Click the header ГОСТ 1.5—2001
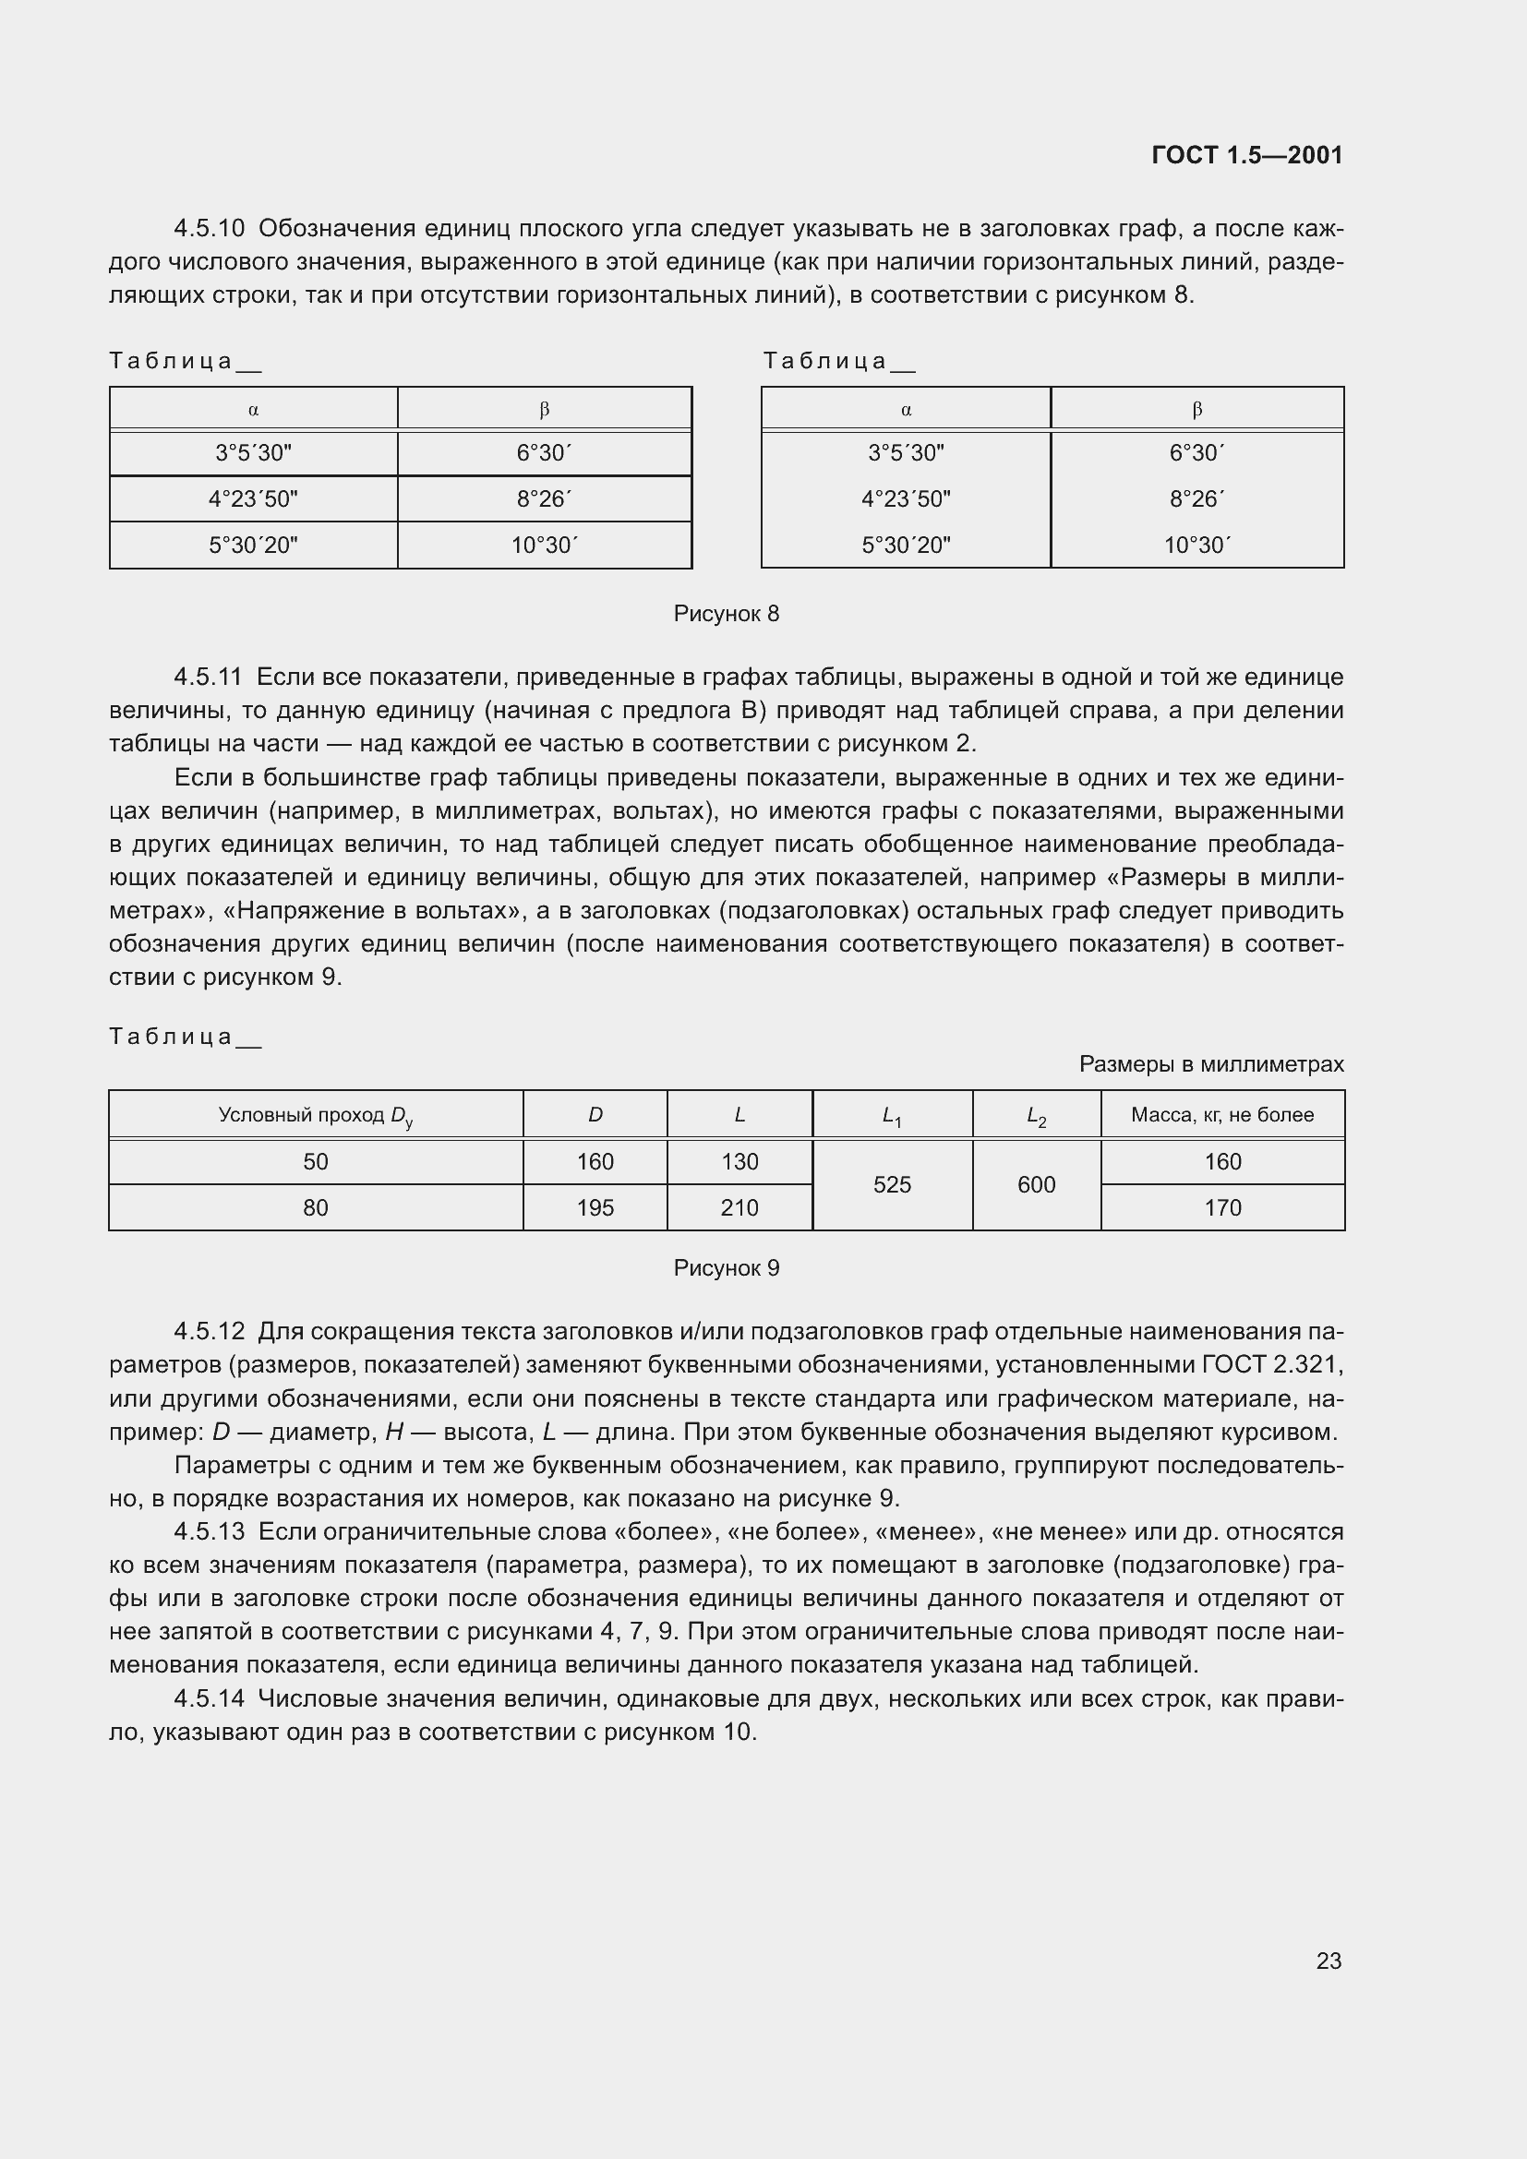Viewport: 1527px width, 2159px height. pyautogui.click(x=1246, y=155)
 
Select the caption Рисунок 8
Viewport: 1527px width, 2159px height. pyautogui.click(x=726, y=614)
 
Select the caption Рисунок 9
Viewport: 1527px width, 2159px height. pyautogui.click(x=726, y=1268)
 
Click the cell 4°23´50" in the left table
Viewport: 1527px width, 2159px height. pyautogui.click(x=253, y=499)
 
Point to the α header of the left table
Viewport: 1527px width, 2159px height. pyautogui.click(x=253, y=410)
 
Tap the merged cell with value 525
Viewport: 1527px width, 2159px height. pyautogui.click(x=892, y=1185)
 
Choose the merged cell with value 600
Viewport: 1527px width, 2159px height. pyautogui.click(x=1036, y=1185)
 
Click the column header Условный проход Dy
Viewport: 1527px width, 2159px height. pyautogui.click(x=315, y=1115)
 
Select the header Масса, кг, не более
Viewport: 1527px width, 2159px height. pyautogui.click(x=1222, y=1115)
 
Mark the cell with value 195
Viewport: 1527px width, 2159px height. pyautogui.click(x=595, y=1208)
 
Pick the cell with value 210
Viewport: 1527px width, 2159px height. pyautogui.click(x=739, y=1208)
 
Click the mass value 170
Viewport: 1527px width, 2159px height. pyautogui.click(x=1222, y=1208)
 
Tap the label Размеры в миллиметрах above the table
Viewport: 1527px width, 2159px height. pyautogui.click(x=1211, y=1064)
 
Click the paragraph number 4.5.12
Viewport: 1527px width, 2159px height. pyautogui.click(x=209, y=1333)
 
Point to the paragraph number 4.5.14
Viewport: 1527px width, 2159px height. pyautogui.click(x=209, y=1699)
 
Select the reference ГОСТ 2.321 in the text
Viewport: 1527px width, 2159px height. pyautogui.click(x=1272, y=1365)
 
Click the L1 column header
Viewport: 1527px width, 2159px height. pyautogui.click(x=892, y=1116)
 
